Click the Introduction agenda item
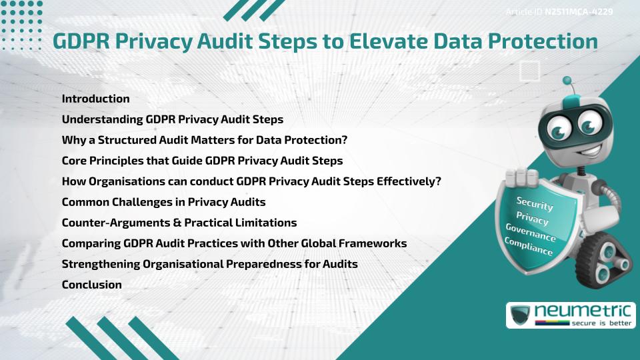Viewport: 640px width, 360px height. coord(95,99)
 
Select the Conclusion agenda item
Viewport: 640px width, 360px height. coord(91,285)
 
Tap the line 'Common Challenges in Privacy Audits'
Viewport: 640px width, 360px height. coord(163,202)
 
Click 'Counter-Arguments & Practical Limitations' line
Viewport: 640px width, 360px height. coord(179,223)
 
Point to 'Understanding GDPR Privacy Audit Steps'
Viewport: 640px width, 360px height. coord(172,120)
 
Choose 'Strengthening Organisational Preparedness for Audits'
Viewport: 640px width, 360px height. coord(209,264)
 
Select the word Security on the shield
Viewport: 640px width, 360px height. coord(535,203)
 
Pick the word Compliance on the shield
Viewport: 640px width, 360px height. coord(529,246)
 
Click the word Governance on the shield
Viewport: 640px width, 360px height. coord(531,232)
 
